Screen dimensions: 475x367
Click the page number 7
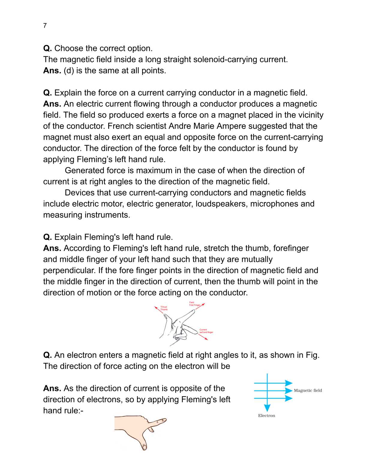tap(45, 25)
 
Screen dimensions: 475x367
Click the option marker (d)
tap(69, 71)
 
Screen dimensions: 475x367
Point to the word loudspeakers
tap(222, 204)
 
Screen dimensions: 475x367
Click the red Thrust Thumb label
tap(164, 308)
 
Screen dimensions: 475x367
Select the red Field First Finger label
tap(194, 304)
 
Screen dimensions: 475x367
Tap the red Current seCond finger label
tap(206, 331)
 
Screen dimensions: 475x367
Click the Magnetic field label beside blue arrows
tap(308, 390)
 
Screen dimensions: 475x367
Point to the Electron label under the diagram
tap(266, 416)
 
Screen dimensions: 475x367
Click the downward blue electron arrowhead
tap(267, 408)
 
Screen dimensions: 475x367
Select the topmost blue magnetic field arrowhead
tap(288, 383)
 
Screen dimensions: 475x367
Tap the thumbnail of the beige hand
tap(145, 447)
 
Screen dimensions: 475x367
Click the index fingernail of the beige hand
tap(163, 420)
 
